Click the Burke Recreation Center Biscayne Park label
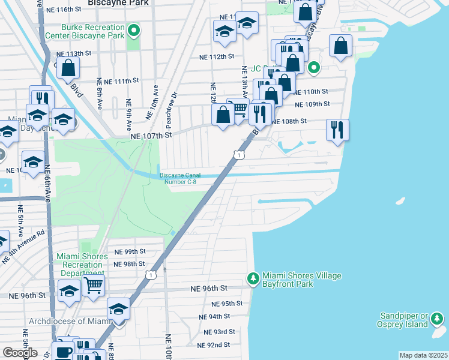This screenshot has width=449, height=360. point(92,31)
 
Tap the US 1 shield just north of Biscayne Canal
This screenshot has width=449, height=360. point(240,156)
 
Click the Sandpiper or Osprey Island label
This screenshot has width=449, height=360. point(406,320)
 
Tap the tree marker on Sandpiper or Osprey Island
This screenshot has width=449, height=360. point(439,318)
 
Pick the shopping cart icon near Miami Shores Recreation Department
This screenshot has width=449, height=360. point(93,285)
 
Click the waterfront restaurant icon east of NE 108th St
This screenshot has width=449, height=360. point(337,129)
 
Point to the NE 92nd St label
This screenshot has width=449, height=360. point(214,344)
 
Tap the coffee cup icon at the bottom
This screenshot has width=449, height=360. point(63,351)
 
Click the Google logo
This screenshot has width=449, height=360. point(20,353)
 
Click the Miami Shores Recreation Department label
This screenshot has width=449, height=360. point(82,265)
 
